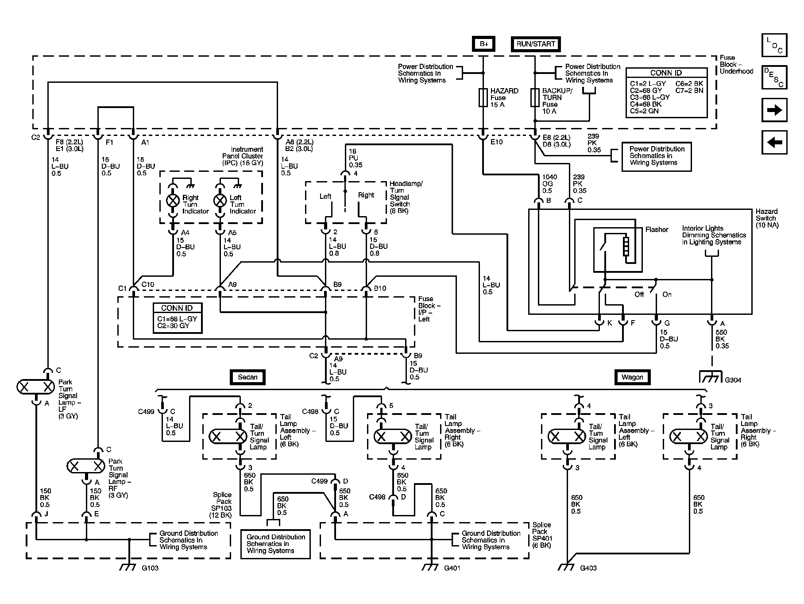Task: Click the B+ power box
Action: (483, 44)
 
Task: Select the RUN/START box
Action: (535, 44)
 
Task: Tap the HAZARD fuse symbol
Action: (483, 97)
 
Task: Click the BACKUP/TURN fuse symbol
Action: (535, 97)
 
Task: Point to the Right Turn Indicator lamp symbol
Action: (173, 200)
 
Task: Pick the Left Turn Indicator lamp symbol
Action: (220, 200)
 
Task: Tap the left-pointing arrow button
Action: (774, 143)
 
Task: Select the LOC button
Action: (774, 45)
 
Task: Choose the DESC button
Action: (774, 77)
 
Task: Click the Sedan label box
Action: (247, 377)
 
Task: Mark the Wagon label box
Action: (632, 377)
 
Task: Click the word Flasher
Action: (657, 229)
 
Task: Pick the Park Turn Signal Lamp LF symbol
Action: (35, 387)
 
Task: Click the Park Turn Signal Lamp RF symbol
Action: (86, 466)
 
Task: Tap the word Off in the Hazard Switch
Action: (639, 294)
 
